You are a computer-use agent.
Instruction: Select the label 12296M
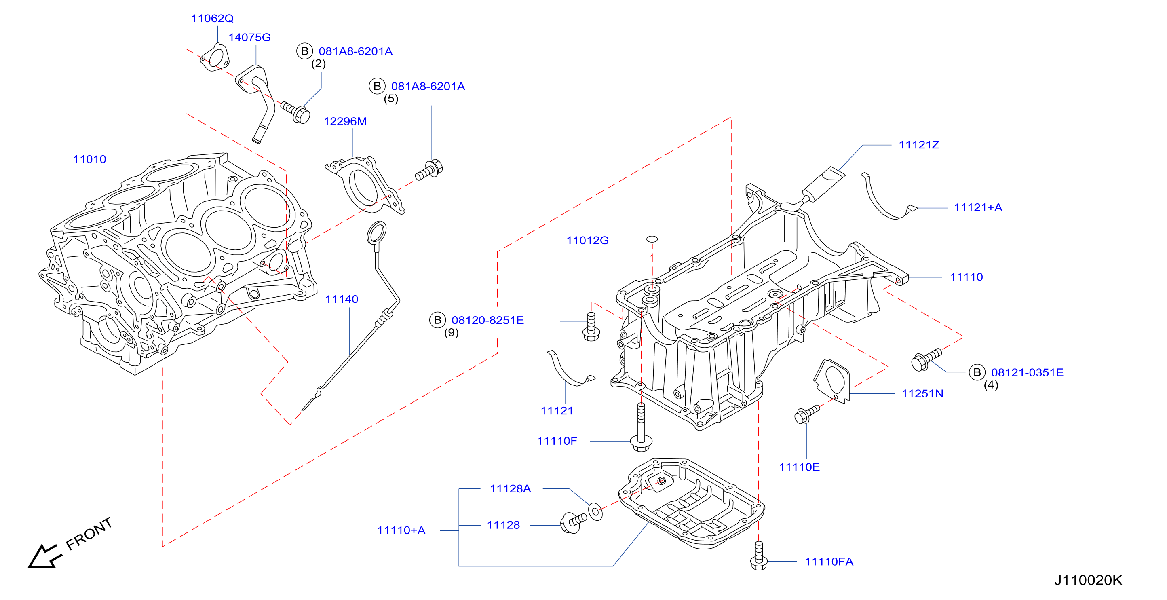pos(345,121)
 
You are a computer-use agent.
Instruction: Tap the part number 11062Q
pos(213,19)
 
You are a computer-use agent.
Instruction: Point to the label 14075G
pos(250,37)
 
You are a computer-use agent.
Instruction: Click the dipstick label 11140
pos(342,299)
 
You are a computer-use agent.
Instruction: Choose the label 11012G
pos(588,240)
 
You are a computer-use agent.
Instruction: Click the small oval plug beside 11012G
pos(652,239)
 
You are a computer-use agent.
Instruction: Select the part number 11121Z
pos(919,145)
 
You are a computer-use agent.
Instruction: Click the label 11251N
pos(922,393)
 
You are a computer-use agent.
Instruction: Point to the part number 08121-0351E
pos(1027,372)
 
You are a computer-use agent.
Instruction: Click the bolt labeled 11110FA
pos(759,556)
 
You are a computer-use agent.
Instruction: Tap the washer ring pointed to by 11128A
pos(595,511)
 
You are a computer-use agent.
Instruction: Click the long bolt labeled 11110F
pos(641,427)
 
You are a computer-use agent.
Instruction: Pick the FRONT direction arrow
pos(44,556)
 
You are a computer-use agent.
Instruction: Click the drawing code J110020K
pos(1088,580)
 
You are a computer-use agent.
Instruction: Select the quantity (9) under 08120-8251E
pos(451,333)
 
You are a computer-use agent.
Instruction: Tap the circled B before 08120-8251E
pos(438,320)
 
